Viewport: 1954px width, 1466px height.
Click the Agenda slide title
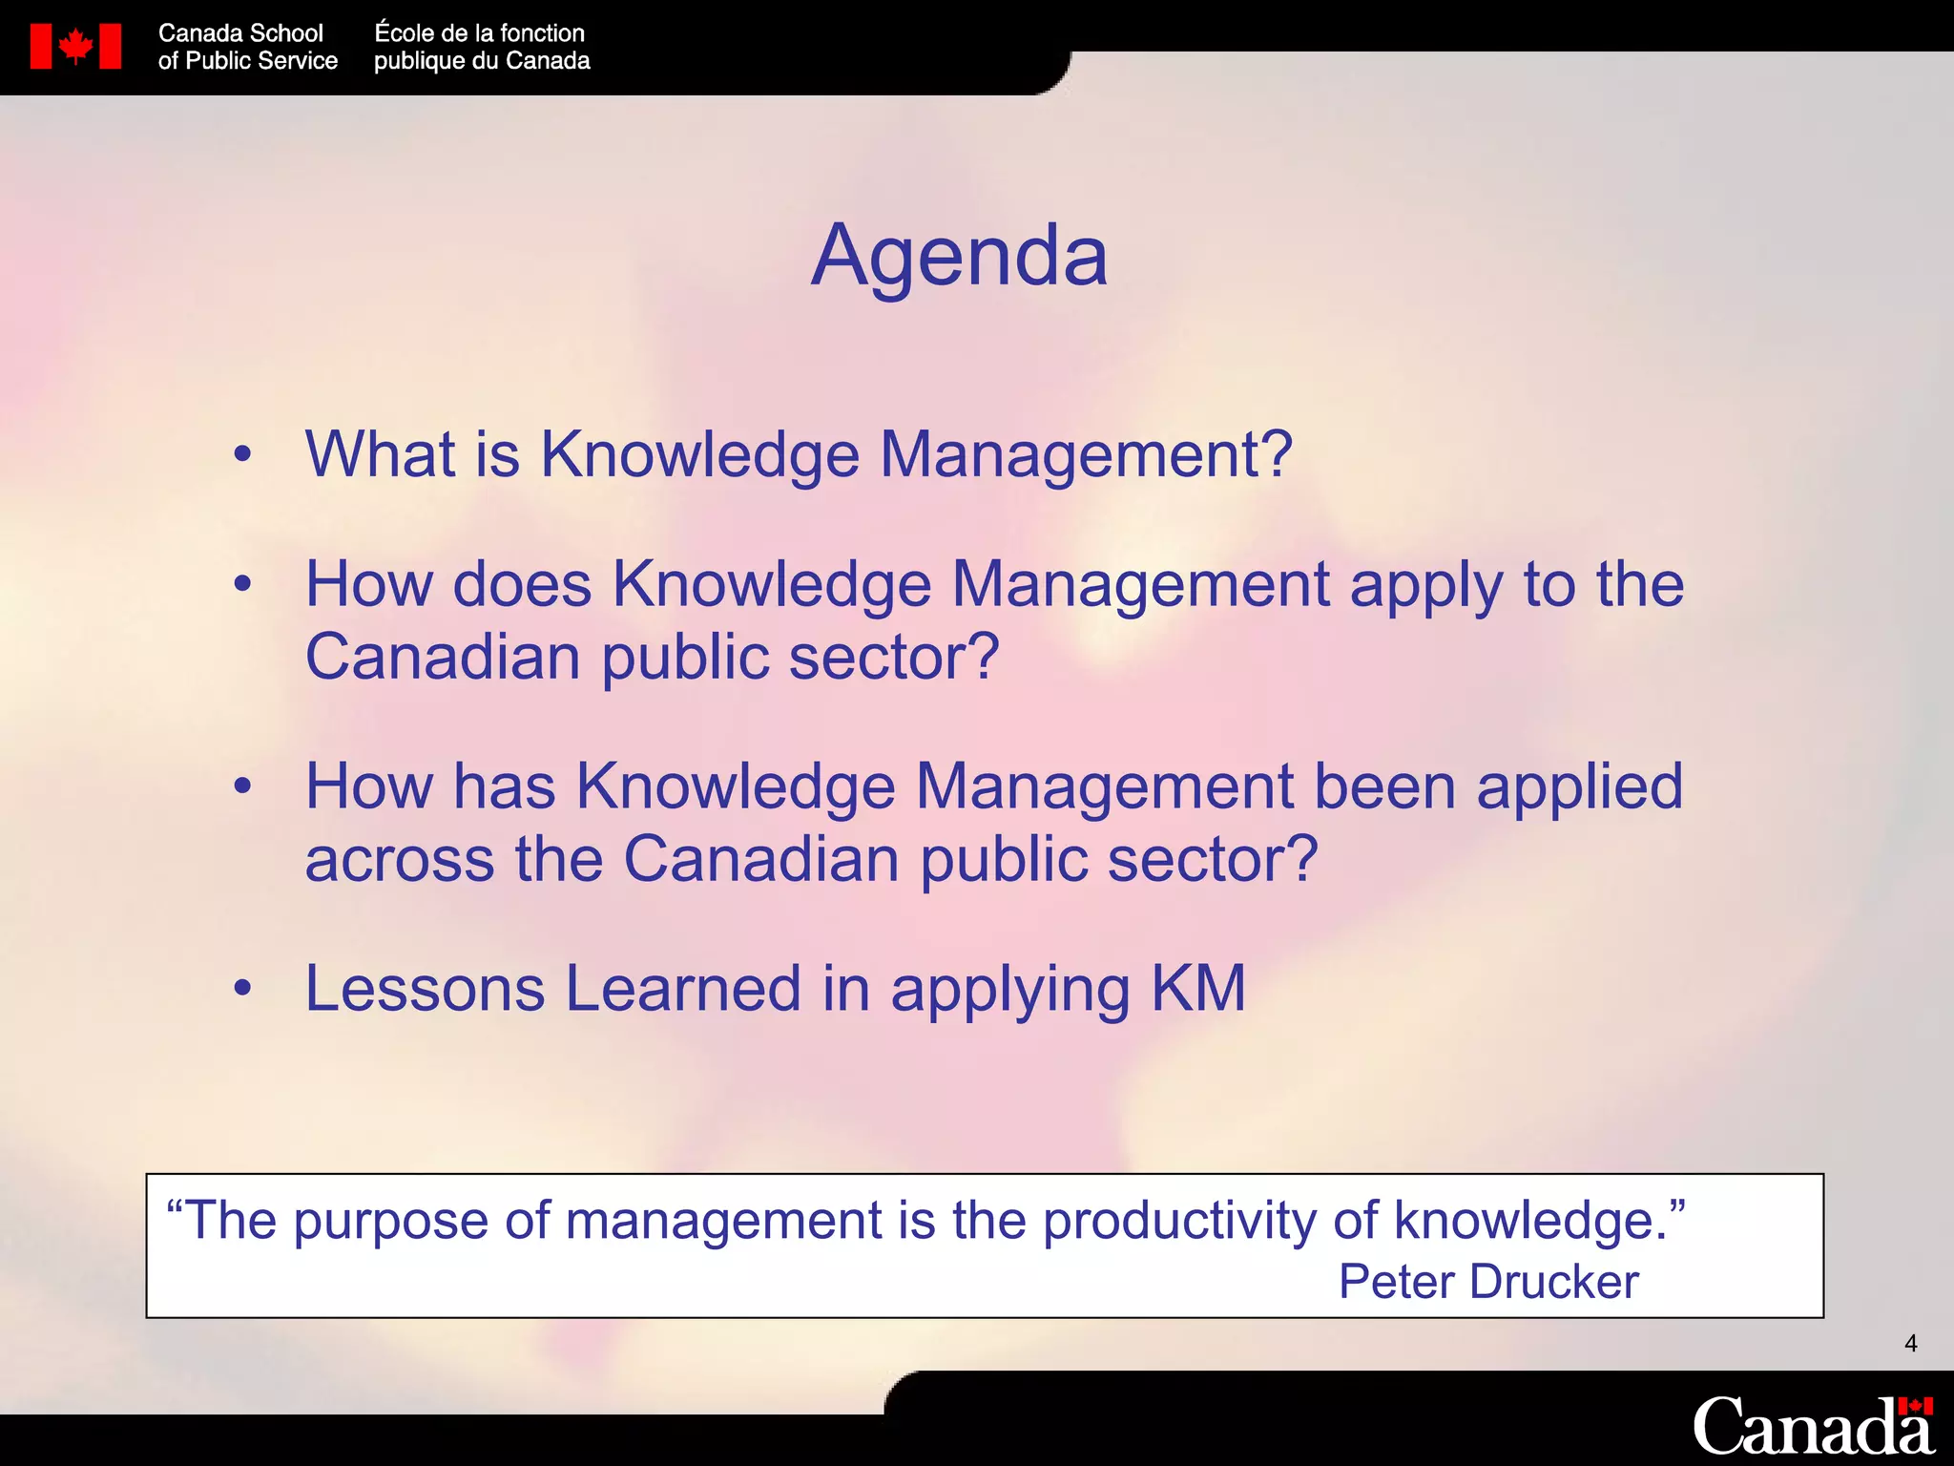(959, 256)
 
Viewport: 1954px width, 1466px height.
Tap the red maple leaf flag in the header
(75, 46)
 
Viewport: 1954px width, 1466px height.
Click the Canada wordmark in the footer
(1812, 1427)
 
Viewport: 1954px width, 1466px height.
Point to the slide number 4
(1910, 1344)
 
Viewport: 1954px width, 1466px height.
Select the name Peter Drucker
(1487, 1281)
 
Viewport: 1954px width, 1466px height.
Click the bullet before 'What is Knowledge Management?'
(243, 455)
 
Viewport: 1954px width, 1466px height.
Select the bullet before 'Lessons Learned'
(243, 990)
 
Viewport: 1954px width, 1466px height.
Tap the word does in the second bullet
(522, 584)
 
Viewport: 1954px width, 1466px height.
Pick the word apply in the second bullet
(1426, 586)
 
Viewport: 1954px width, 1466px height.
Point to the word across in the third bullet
(400, 859)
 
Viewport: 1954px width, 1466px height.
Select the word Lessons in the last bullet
(425, 989)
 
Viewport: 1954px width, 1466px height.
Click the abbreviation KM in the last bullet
(1198, 989)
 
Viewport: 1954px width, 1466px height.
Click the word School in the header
(286, 33)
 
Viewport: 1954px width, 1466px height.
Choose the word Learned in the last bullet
(683, 989)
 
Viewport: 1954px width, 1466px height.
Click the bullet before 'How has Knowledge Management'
(243, 787)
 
